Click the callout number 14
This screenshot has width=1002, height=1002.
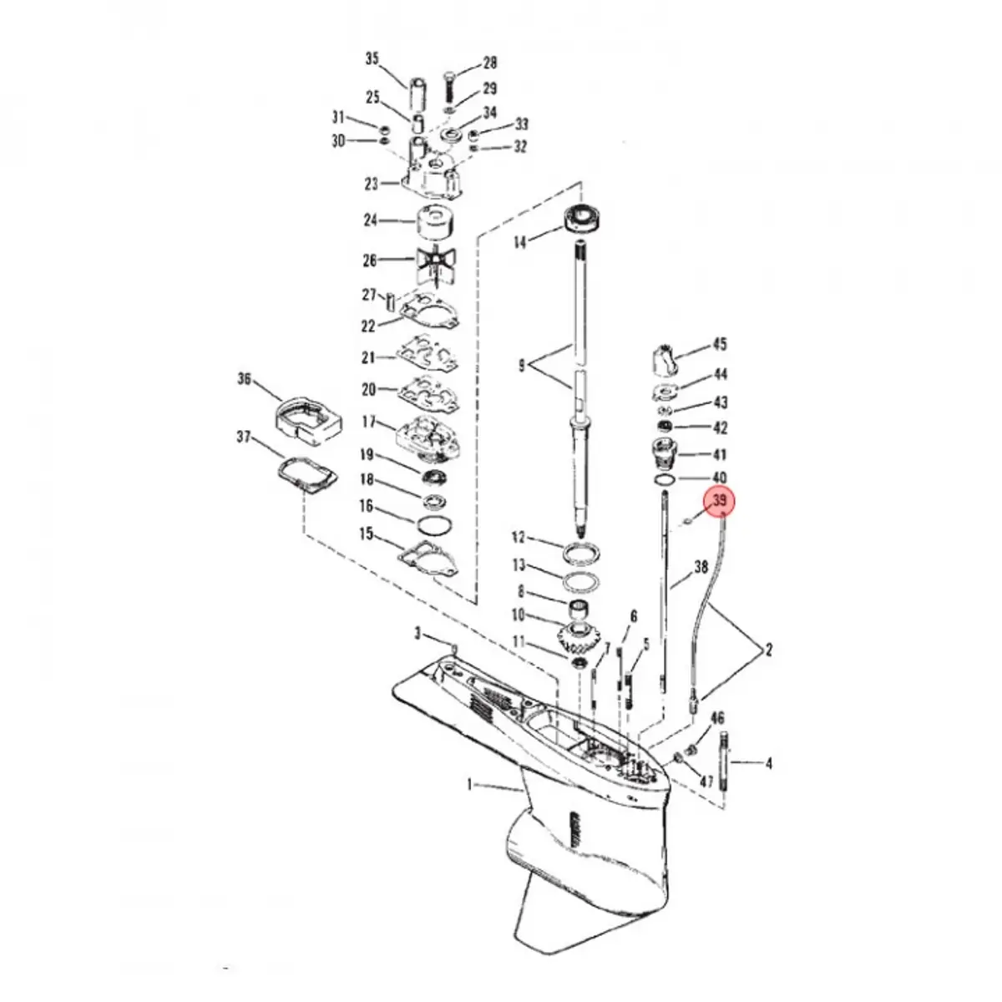[520, 243]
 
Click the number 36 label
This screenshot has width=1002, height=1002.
[244, 380]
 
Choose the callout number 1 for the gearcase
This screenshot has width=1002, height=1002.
[469, 784]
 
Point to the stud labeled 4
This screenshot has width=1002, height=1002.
[724, 763]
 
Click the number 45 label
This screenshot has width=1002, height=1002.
[719, 344]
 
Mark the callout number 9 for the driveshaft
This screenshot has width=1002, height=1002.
[521, 365]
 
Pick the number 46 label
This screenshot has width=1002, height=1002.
[717, 718]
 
